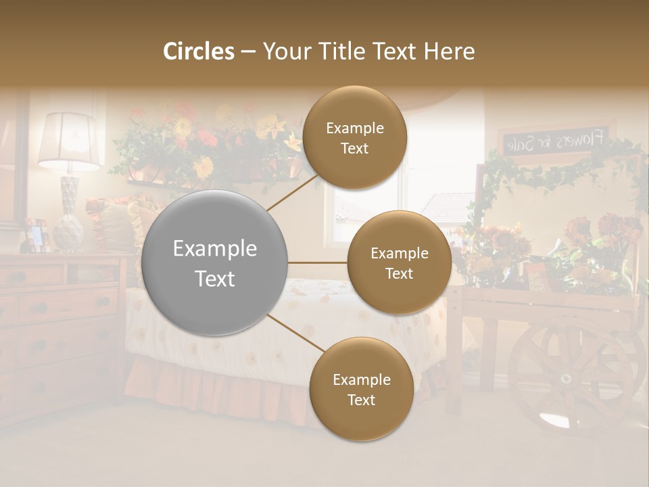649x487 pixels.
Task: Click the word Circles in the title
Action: [199, 51]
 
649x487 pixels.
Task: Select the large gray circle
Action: [214, 263]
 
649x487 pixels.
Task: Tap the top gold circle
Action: [354, 138]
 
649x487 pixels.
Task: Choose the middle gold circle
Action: [399, 263]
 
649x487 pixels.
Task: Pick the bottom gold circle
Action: [361, 390]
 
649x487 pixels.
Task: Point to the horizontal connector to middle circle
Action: [317, 262]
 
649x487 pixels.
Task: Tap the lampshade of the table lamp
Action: [68, 141]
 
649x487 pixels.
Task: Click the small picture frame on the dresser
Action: [36, 235]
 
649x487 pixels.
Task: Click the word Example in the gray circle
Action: [214, 249]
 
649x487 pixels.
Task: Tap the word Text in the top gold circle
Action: [354, 148]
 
